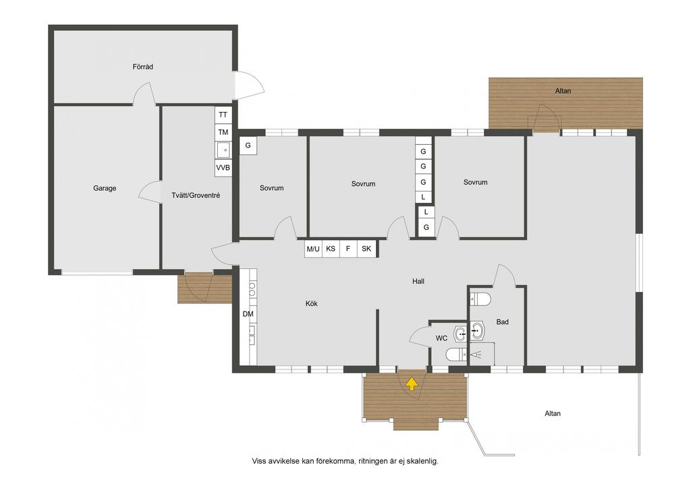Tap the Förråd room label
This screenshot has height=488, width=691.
click(x=143, y=67)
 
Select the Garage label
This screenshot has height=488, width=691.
click(x=105, y=188)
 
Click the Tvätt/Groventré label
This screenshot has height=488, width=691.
click(x=196, y=195)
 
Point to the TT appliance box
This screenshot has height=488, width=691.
click(x=223, y=115)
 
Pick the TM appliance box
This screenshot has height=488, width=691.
click(x=223, y=132)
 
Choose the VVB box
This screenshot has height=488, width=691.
click(x=223, y=168)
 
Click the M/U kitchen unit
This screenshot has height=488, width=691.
click(x=313, y=249)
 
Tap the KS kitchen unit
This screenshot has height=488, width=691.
click(x=331, y=249)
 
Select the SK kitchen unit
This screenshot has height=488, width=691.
click(x=366, y=249)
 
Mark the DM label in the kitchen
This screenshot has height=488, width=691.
click(x=248, y=314)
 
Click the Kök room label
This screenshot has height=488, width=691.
click(x=311, y=303)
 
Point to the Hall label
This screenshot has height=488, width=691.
click(x=418, y=281)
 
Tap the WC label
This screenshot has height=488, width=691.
click(x=441, y=338)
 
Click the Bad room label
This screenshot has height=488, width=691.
click(x=502, y=322)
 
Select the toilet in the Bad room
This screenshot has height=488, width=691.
click(x=480, y=299)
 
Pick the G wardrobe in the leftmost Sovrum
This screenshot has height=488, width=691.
click(x=248, y=145)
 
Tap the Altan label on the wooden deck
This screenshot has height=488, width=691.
click(x=563, y=91)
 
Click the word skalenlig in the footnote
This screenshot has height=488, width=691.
click(x=422, y=462)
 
